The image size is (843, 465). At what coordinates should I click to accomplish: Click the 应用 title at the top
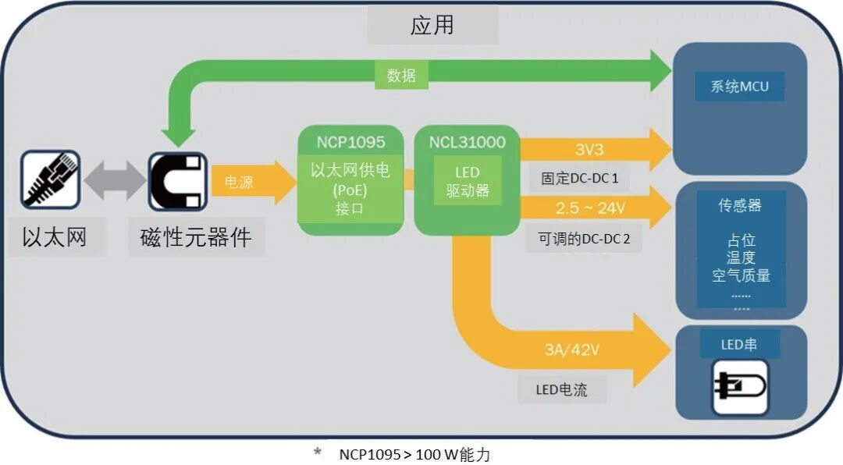[x=432, y=25]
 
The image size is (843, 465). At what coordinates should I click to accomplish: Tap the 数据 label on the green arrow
[x=402, y=76]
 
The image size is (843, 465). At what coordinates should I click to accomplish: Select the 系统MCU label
[x=739, y=87]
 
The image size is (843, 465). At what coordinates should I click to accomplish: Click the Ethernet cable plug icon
[x=50, y=179]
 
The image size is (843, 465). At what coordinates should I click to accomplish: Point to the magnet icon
[x=178, y=179]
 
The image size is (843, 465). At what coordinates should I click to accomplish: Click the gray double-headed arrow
[x=114, y=181]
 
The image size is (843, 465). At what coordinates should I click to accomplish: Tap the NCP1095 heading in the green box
[x=350, y=142]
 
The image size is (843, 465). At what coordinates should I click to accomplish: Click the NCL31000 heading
[x=467, y=142]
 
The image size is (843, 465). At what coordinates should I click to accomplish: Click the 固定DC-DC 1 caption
[x=580, y=179]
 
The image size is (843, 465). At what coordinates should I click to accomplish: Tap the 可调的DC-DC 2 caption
[x=584, y=239]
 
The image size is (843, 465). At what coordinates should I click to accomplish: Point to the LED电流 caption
[x=561, y=389]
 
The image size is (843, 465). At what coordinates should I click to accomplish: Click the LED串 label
[x=739, y=345]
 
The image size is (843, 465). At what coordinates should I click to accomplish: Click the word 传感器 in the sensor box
[x=740, y=206]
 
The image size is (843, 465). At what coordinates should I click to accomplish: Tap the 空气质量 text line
[x=741, y=275]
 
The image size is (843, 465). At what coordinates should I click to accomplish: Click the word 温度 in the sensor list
[x=741, y=258]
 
